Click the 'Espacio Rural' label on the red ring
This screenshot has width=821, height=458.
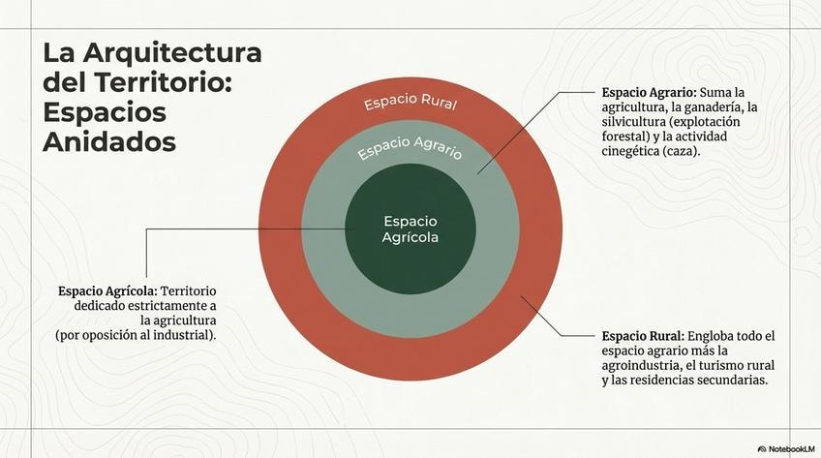(x=410, y=104)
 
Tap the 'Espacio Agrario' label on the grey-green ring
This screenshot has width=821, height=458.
(x=410, y=149)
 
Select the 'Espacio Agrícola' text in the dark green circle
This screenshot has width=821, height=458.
(x=410, y=229)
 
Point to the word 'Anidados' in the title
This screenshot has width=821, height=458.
(x=109, y=141)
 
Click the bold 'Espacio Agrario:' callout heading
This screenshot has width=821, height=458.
(x=643, y=91)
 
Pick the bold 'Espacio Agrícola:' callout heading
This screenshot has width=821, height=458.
(x=107, y=290)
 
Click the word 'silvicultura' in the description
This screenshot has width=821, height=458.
(x=634, y=122)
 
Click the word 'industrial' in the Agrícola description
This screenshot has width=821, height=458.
(x=182, y=335)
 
